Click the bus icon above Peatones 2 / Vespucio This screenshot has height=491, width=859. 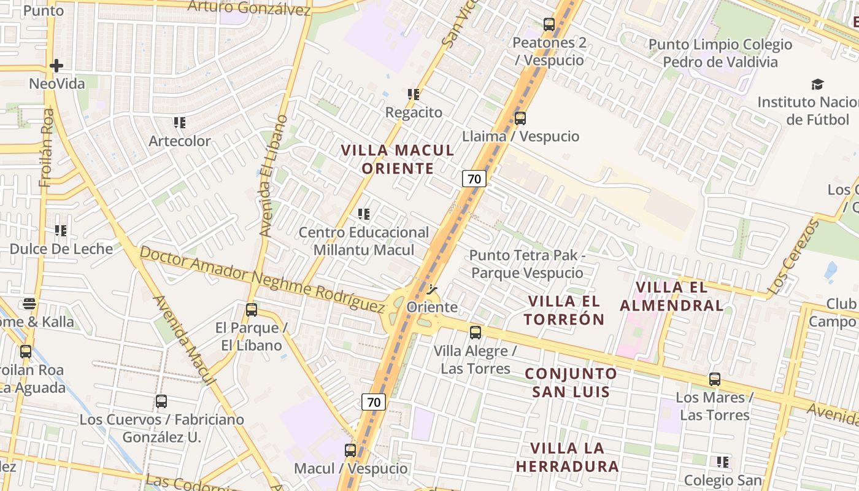tap(549, 25)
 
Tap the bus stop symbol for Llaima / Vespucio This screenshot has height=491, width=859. tap(520, 118)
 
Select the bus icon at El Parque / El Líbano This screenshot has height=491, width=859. tap(252, 310)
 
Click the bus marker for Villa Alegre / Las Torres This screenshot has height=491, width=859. tap(476, 333)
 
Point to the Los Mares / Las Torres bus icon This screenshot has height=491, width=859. tap(715, 379)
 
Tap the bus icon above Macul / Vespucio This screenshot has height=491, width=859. tap(350, 450)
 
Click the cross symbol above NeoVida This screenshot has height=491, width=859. tap(56, 65)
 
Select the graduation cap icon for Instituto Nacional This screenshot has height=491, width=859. tap(817, 84)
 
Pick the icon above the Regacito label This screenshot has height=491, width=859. tap(414, 95)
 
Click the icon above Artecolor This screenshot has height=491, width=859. tap(179, 123)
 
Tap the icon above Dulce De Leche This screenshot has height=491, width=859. tap(61, 231)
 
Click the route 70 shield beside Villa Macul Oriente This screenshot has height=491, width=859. tap(474, 179)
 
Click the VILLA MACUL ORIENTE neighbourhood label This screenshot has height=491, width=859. tap(398, 159)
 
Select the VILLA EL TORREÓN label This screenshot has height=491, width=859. tap(565, 310)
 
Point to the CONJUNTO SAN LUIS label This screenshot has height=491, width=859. tap(571, 382)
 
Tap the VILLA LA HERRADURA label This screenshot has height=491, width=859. tap(568, 457)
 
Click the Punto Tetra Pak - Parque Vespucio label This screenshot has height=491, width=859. tap(527, 264)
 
